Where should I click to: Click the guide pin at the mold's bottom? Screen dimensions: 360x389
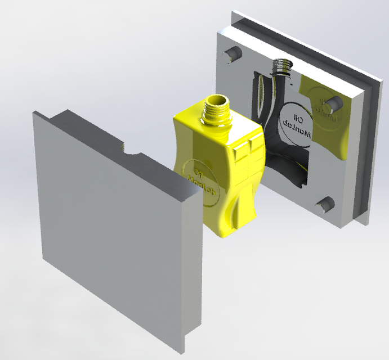pyautogui.click(x=325, y=205)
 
